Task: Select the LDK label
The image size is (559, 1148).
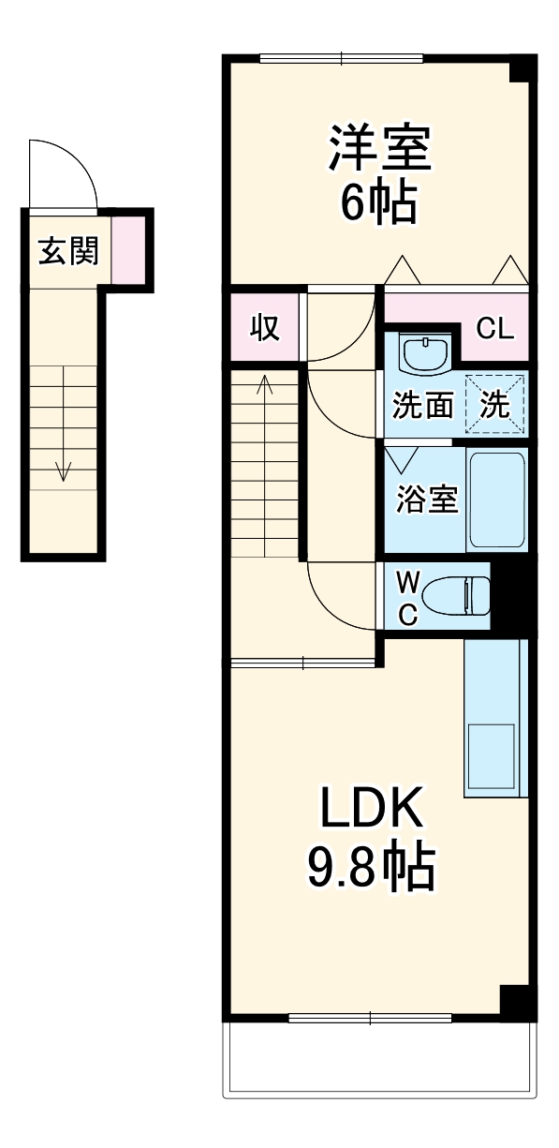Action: pos(373,808)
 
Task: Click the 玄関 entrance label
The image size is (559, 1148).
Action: pos(68,251)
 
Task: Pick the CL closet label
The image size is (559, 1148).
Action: pos(494,329)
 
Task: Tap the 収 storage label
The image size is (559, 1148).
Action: pos(265,328)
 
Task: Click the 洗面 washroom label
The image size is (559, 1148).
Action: pos(422,406)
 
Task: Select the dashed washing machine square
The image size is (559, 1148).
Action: pos(495,404)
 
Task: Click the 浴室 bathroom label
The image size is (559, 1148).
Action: pos(427,499)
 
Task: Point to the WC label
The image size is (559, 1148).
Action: pos(407,598)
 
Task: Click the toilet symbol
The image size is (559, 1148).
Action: pos(457,595)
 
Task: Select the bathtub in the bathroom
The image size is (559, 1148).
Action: pos(497,499)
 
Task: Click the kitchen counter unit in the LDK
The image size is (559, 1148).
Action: pos(495,718)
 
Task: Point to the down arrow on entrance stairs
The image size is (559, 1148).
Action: pos(63,469)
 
